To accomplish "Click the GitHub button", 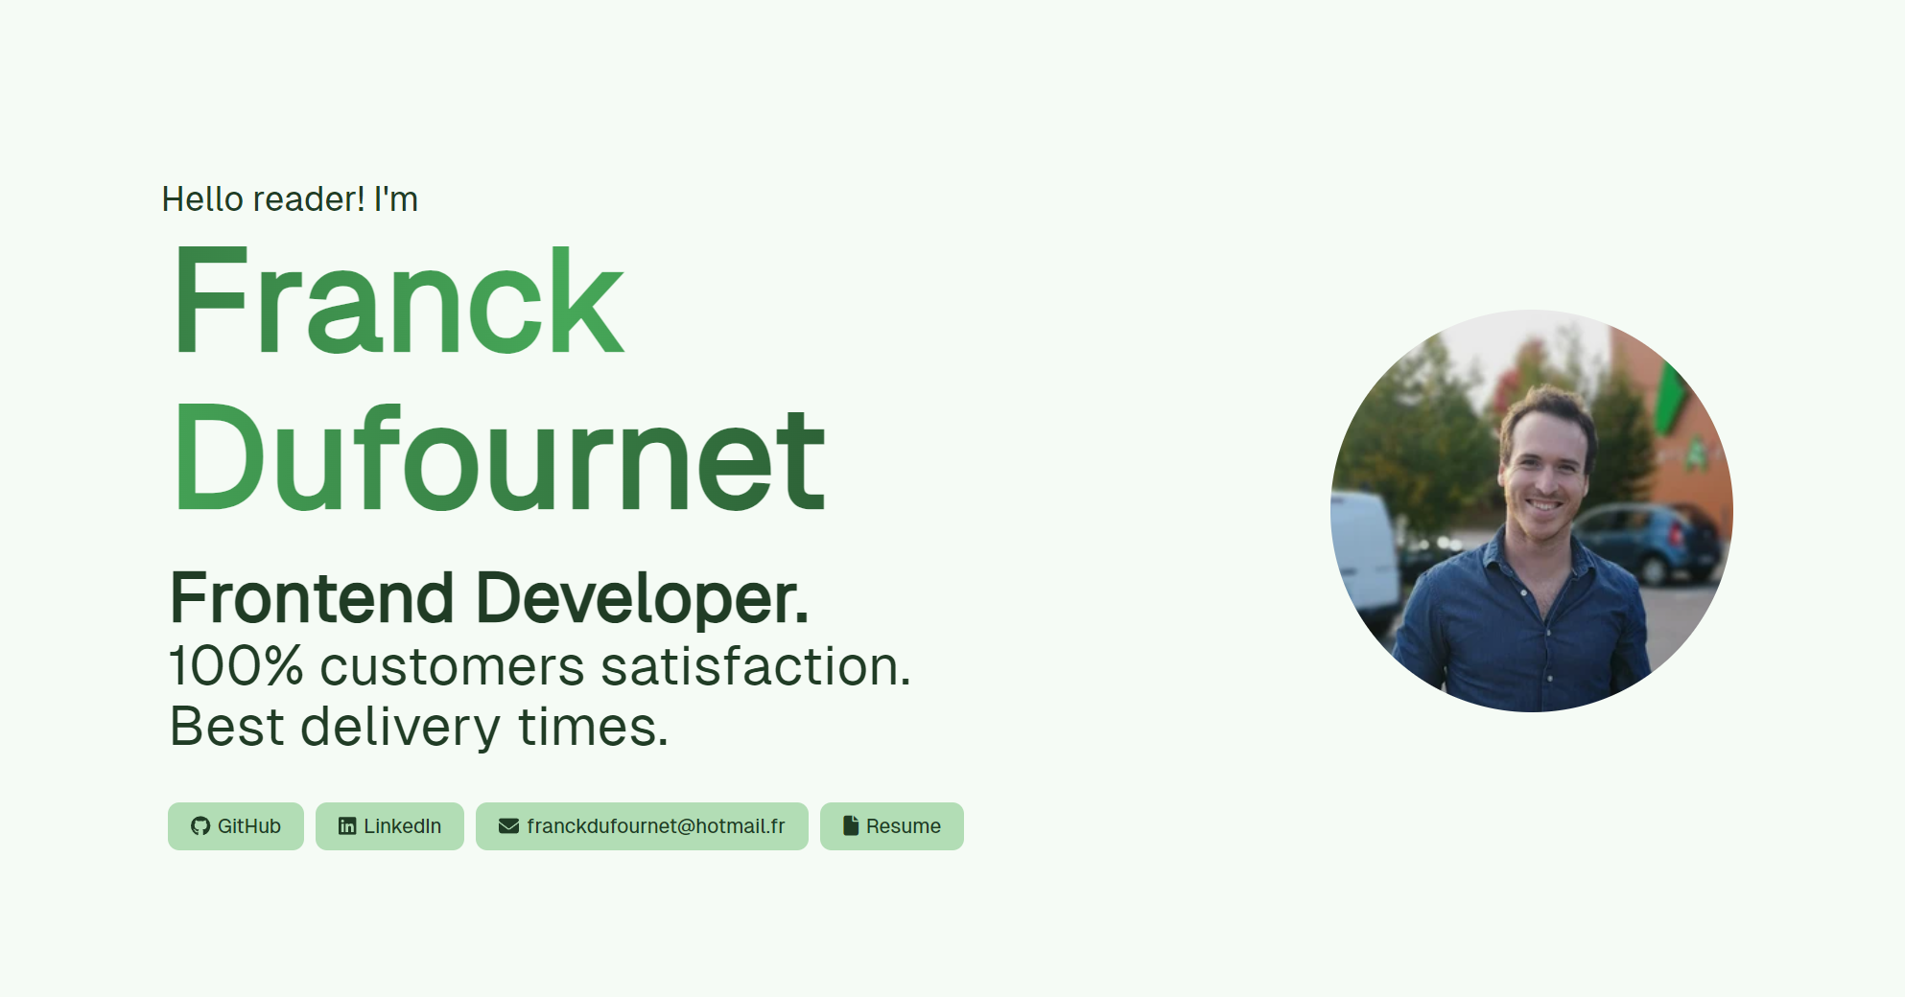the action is (236, 826).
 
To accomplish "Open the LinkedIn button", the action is (389, 826).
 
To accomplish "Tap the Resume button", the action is (892, 826).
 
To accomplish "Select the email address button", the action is (642, 826).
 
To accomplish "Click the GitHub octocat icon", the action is (200, 826).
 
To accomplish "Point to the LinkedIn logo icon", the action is (347, 826).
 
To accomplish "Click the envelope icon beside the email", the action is (508, 826).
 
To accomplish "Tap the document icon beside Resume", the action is (851, 825).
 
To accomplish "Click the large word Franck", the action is (399, 301).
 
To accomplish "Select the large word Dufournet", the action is (499, 458).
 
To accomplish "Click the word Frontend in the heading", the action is (312, 598).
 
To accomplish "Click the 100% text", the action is (236, 666).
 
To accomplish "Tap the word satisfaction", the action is (756, 666).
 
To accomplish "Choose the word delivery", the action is (400, 728).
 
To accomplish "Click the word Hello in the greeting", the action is (202, 199).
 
